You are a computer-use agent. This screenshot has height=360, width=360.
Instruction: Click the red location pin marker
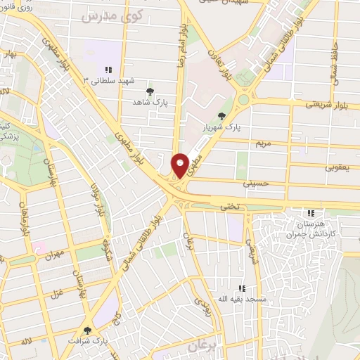(x=180, y=165)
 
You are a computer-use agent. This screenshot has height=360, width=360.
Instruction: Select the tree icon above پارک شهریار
(x=222, y=116)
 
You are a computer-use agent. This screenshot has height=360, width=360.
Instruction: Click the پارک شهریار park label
(x=223, y=128)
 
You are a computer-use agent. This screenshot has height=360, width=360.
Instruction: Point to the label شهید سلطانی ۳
(x=109, y=81)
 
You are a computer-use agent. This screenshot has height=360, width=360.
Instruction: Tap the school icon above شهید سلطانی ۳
(x=109, y=70)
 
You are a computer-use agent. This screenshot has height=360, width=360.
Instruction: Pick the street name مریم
(x=263, y=143)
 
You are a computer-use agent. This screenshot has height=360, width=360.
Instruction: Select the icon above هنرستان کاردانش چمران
(x=311, y=214)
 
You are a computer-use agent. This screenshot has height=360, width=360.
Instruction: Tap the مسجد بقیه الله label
(x=242, y=300)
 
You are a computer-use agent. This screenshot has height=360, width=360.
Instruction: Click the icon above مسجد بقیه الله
(x=242, y=288)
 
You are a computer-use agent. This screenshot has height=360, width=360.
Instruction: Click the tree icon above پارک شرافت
(x=88, y=330)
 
